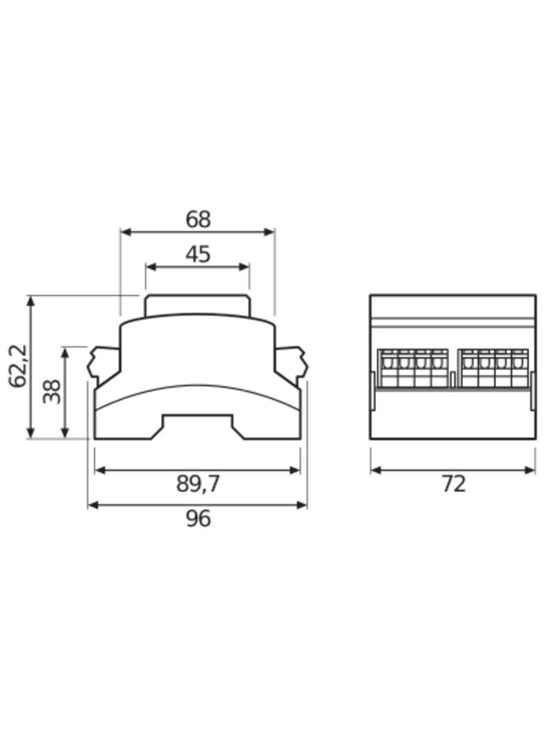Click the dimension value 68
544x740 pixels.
coord(198,219)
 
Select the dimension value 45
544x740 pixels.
coord(198,254)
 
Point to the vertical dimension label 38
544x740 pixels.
coord(52,392)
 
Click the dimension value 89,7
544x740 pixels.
coord(198,484)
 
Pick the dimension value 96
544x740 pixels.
coord(198,519)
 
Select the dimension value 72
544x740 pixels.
coord(453,484)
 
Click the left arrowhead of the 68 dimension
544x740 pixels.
coord(126,232)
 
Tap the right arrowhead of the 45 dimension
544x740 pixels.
coord(244,267)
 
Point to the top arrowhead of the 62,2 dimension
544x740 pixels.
coord(31,301)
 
